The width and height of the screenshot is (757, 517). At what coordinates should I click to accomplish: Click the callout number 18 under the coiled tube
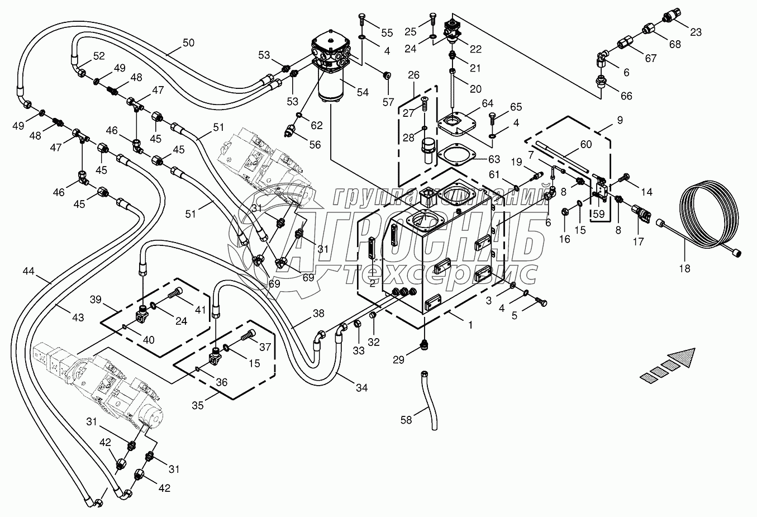[684, 268]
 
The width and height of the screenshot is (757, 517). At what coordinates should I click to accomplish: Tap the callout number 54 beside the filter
[363, 92]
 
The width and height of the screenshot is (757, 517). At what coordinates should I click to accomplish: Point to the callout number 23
[696, 32]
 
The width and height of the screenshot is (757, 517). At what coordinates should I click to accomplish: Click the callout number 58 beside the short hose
[406, 419]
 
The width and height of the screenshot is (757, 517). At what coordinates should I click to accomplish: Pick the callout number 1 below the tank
[470, 324]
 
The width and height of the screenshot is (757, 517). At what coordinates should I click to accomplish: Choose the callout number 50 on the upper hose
[189, 42]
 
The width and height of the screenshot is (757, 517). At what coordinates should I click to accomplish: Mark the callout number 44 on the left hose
[29, 272]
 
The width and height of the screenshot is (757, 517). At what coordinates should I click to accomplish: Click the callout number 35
[198, 405]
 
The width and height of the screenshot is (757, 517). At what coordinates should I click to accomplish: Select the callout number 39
[96, 300]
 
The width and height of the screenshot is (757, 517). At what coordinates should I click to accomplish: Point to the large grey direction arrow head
[684, 355]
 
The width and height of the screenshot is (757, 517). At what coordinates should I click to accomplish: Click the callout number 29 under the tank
[398, 360]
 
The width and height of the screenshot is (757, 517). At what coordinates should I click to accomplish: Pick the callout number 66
[626, 96]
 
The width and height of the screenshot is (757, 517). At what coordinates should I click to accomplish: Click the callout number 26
[413, 75]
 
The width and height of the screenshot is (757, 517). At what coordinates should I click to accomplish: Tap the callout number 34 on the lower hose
[362, 387]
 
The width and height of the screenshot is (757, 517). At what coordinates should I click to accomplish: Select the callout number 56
[315, 144]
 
